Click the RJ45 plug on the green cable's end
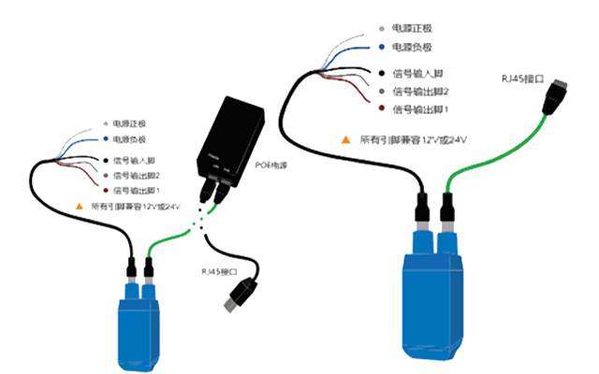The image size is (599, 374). [x=555, y=91]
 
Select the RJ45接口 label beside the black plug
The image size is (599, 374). [x=217, y=271]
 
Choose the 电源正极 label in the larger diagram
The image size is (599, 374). [x=416, y=28]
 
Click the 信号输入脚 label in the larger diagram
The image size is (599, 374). [x=420, y=73]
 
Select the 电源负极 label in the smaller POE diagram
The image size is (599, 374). [x=129, y=138]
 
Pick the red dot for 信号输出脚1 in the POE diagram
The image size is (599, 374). [x=103, y=191]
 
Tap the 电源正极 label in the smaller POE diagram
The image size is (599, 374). [x=129, y=123]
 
